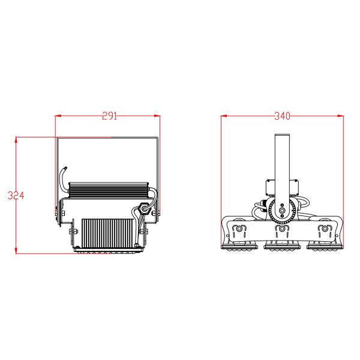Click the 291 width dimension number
coord(109,116)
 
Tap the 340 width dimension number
coord(282,116)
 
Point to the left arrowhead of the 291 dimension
coord(58,116)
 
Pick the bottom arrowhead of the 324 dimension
coord(16,251)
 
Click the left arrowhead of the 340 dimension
coord(223,116)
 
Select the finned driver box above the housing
coord(109,190)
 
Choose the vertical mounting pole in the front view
coord(281,162)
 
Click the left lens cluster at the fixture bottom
coord(239,245)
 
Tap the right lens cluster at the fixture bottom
coord(325,245)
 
